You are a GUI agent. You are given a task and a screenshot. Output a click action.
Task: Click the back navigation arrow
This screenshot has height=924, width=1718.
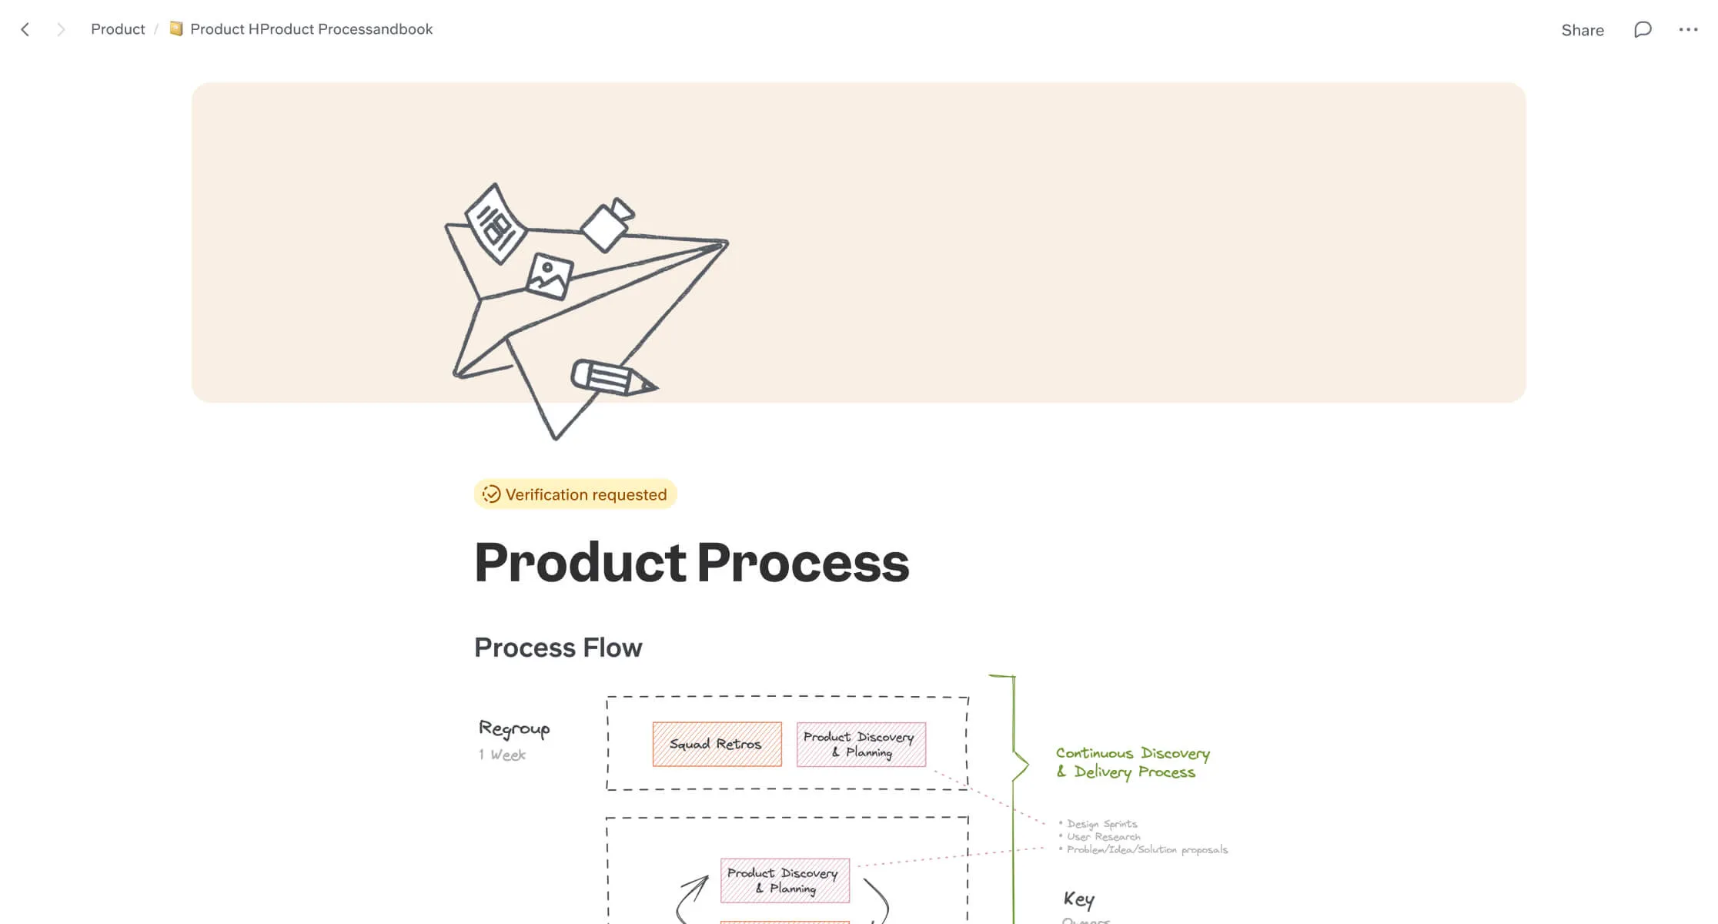25,29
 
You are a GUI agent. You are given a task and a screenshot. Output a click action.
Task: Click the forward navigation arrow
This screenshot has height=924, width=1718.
61,29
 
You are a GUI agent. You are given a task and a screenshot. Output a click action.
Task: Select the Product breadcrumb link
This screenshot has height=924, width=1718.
118,29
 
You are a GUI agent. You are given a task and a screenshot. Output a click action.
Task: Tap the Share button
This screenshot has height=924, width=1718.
1582,30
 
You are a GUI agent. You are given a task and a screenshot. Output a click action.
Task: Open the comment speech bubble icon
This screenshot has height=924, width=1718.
1643,29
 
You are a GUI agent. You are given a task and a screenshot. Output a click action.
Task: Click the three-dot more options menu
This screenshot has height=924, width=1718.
1688,29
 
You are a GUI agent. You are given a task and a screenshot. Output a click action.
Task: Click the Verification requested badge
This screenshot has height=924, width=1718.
575,494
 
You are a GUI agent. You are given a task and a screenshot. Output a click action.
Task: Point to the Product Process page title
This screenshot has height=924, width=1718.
691,562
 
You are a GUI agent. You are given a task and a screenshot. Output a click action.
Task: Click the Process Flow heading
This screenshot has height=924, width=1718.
557,648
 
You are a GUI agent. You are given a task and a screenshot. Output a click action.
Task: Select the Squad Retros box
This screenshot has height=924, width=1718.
717,744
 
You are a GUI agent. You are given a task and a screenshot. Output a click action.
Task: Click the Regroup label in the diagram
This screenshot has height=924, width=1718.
514,728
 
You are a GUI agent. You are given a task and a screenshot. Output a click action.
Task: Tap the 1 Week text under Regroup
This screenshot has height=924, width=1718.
502,755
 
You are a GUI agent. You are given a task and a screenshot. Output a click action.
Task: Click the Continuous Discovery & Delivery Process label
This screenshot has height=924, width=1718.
1131,762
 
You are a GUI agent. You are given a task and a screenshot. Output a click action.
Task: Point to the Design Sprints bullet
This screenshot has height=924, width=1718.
1101,824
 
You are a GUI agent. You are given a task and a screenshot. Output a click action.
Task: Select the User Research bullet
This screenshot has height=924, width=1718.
1103,837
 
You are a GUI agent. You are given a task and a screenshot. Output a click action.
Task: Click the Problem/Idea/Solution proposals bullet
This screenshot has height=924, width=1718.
1146,849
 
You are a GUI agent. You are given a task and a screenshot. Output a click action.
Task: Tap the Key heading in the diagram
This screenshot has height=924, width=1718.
1078,899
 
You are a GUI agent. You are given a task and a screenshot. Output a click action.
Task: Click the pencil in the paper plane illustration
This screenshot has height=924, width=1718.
613,377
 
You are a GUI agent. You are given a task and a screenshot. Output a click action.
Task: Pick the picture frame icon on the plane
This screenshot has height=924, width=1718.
550,276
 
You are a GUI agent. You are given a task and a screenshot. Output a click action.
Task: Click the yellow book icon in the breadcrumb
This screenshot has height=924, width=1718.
176,28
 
